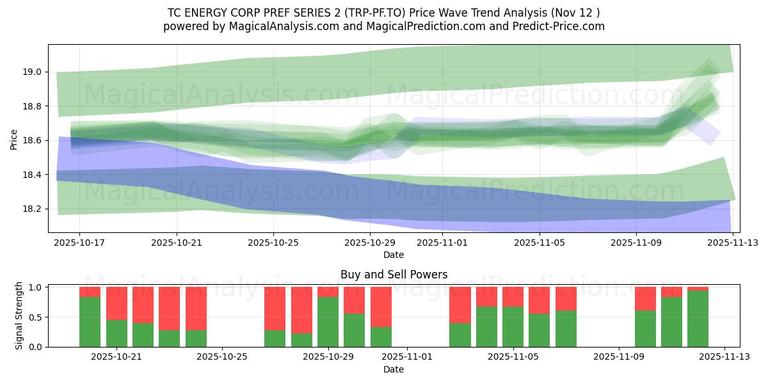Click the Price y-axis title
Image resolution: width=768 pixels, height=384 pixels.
[x=14, y=138]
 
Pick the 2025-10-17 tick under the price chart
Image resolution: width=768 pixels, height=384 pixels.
[x=80, y=243]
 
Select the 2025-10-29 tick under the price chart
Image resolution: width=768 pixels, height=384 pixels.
[x=370, y=243]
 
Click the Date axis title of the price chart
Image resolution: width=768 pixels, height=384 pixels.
[x=393, y=255]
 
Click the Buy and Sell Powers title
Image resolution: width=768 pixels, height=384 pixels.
[x=394, y=275]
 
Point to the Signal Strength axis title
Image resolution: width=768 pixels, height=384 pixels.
[x=19, y=316]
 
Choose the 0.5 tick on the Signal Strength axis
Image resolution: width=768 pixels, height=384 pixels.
[x=35, y=317]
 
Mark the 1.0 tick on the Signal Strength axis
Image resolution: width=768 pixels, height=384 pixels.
[x=35, y=287]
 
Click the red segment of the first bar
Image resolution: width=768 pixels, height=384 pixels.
[x=90, y=291]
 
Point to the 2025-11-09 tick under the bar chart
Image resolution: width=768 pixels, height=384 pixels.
[x=619, y=357]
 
